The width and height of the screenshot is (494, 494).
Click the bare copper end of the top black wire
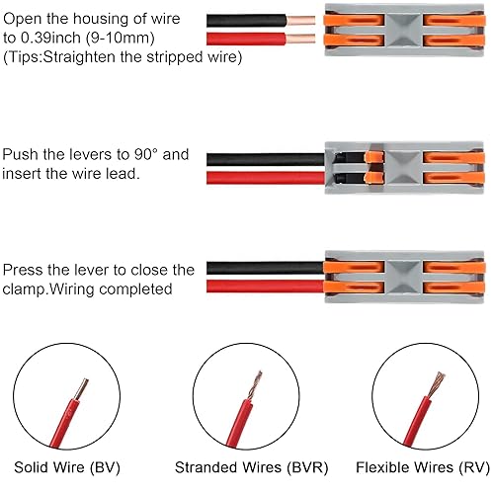tap(302, 20)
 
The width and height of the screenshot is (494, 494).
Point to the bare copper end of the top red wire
tap(302, 40)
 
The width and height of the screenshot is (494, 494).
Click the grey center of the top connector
tap(402, 31)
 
